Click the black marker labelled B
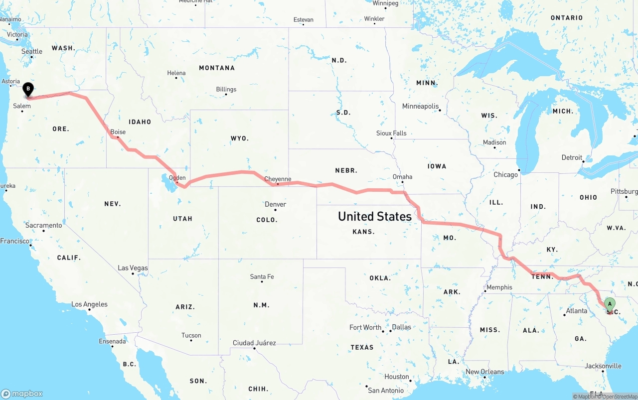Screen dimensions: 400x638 (x=28, y=90)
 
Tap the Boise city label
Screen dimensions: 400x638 (x=118, y=132)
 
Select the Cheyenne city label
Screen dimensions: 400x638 (x=278, y=179)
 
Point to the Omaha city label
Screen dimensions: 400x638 (x=402, y=176)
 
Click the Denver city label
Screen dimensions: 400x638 (x=275, y=204)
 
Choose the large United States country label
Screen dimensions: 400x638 (x=375, y=216)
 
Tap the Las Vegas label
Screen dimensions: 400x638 (x=133, y=268)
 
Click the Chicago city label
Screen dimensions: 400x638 (x=505, y=174)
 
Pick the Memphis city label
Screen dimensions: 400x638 (x=499, y=287)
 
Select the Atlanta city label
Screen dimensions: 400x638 (x=576, y=311)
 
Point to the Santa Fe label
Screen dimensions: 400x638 (x=262, y=276)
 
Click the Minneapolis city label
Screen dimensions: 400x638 (x=421, y=106)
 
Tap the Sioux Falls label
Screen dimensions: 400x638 (x=391, y=133)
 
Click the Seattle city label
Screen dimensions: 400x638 (x=32, y=51)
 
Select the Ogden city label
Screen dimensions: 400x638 (x=177, y=177)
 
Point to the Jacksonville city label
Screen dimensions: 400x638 (x=603, y=366)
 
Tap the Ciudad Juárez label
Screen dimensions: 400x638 (x=254, y=343)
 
